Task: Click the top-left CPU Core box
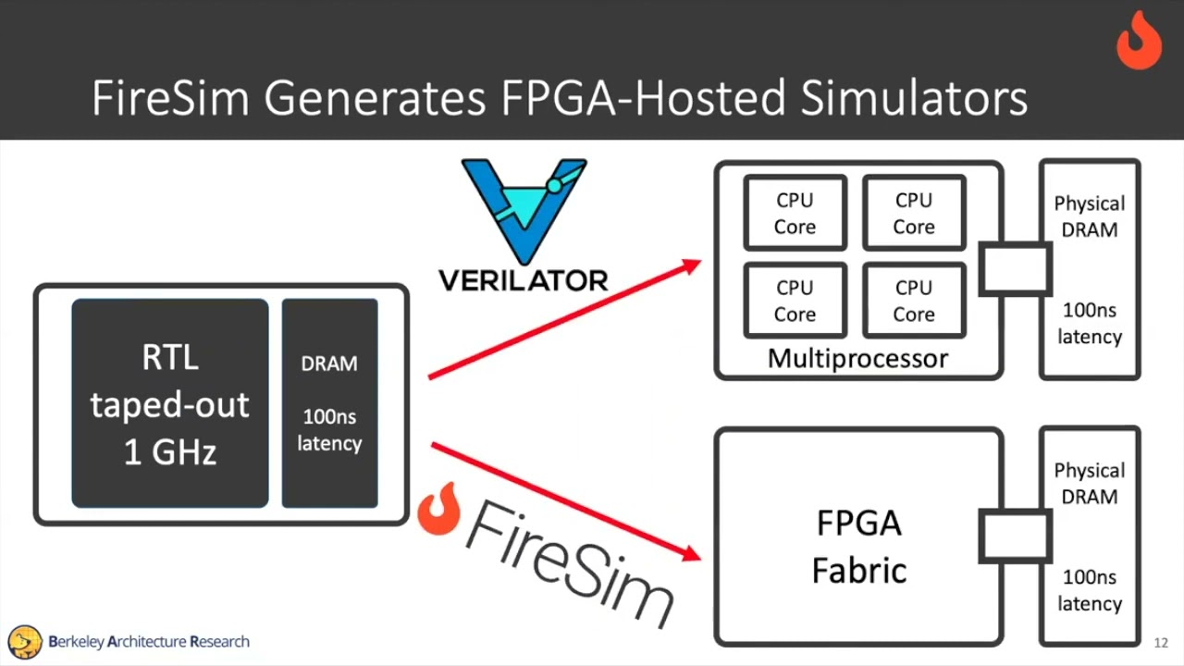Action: point(795,214)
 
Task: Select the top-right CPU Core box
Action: point(913,214)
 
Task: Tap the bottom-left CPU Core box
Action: point(795,301)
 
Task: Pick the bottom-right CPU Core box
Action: point(913,301)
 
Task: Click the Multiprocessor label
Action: point(857,359)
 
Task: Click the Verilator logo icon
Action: point(524,209)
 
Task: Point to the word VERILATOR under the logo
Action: point(523,280)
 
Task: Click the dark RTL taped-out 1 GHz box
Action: point(170,404)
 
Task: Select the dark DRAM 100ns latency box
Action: point(329,403)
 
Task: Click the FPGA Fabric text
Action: point(858,547)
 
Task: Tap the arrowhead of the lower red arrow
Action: point(690,553)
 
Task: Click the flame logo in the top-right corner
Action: point(1139,41)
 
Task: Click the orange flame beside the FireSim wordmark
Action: point(438,510)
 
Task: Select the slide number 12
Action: point(1161,643)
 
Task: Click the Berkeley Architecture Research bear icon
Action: point(25,641)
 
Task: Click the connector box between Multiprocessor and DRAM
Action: point(1014,269)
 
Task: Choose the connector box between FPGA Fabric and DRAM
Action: point(1014,536)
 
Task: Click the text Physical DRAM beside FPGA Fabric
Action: point(1089,484)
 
